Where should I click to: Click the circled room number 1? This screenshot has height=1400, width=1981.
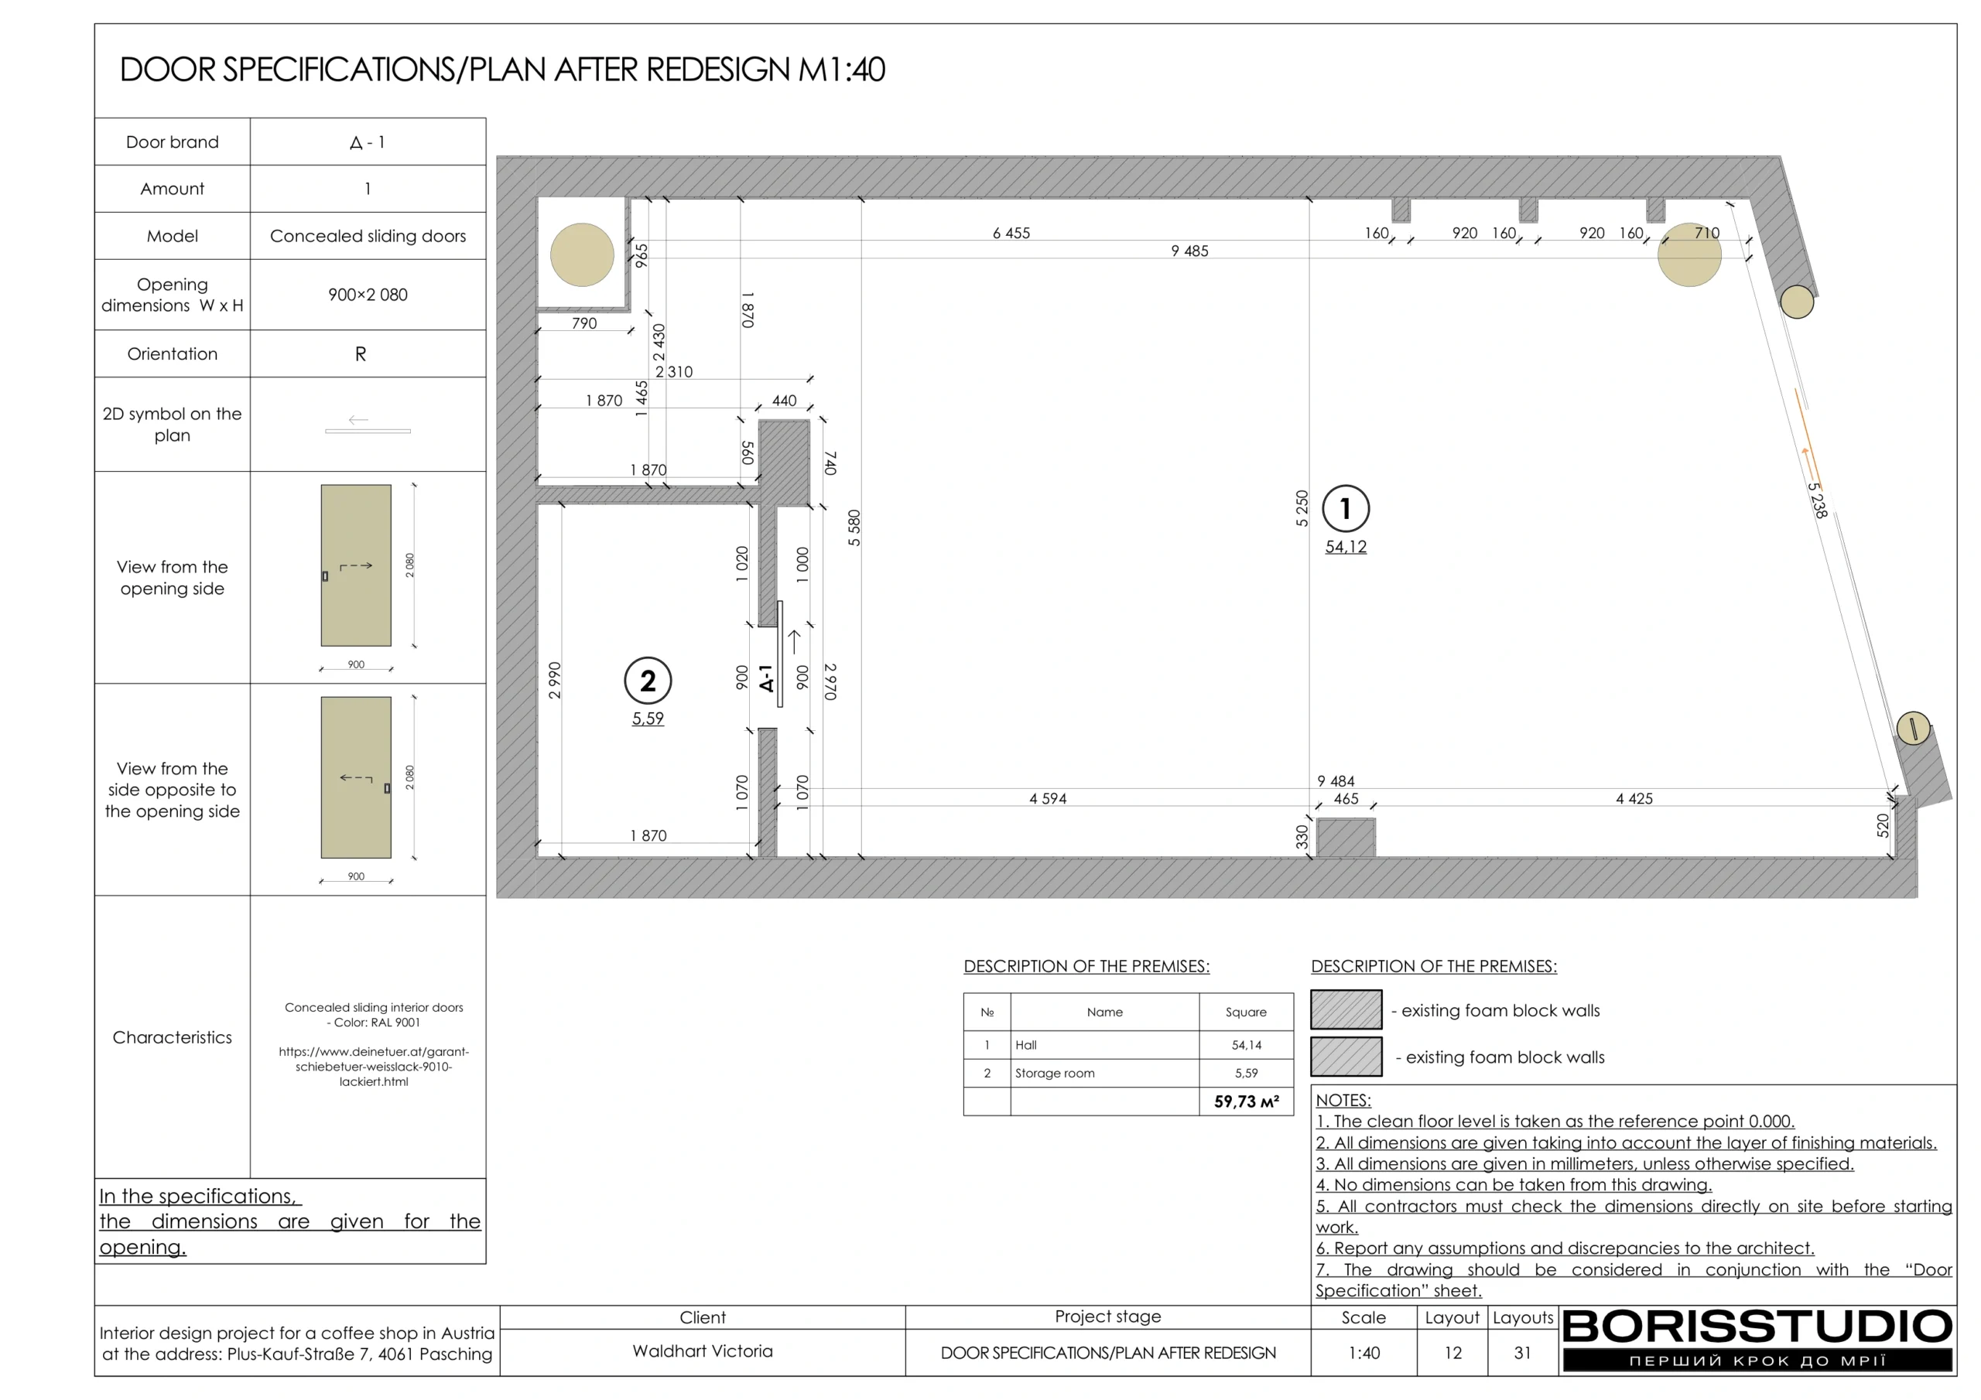[x=1345, y=509]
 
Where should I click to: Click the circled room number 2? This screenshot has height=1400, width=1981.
[x=647, y=681]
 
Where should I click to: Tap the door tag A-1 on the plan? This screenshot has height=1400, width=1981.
[x=766, y=678]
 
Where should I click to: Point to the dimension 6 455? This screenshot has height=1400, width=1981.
[x=1011, y=233]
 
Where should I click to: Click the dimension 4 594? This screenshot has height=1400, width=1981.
[x=1048, y=799]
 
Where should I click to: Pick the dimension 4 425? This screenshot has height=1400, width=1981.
[x=1634, y=799]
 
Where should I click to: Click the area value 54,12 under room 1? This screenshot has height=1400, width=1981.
[x=1345, y=547]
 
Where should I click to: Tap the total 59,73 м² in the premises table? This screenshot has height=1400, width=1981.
[x=1246, y=1101]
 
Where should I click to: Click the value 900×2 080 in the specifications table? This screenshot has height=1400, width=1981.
[x=368, y=295]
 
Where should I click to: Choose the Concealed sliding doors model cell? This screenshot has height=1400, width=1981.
[x=368, y=237]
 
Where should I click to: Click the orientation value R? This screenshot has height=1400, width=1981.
[x=361, y=353]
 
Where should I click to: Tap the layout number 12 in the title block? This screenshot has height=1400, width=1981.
[x=1453, y=1353]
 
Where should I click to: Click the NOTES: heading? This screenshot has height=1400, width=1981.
[x=1343, y=1100]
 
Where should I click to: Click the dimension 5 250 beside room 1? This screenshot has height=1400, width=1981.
[x=1302, y=508]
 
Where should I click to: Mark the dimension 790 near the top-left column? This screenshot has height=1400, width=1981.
[x=584, y=323]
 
